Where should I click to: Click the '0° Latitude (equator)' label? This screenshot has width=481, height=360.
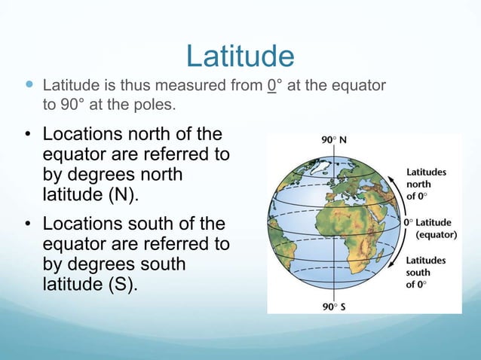click(x=432, y=228)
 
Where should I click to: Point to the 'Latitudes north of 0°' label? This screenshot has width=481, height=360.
click(x=427, y=183)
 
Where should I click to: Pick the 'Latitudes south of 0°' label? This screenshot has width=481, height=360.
click(x=427, y=272)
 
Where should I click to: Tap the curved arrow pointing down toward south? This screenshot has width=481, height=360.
click(x=394, y=260)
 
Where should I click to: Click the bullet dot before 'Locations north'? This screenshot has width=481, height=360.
click(x=26, y=136)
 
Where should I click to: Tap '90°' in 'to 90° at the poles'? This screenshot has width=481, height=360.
click(x=72, y=104)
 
